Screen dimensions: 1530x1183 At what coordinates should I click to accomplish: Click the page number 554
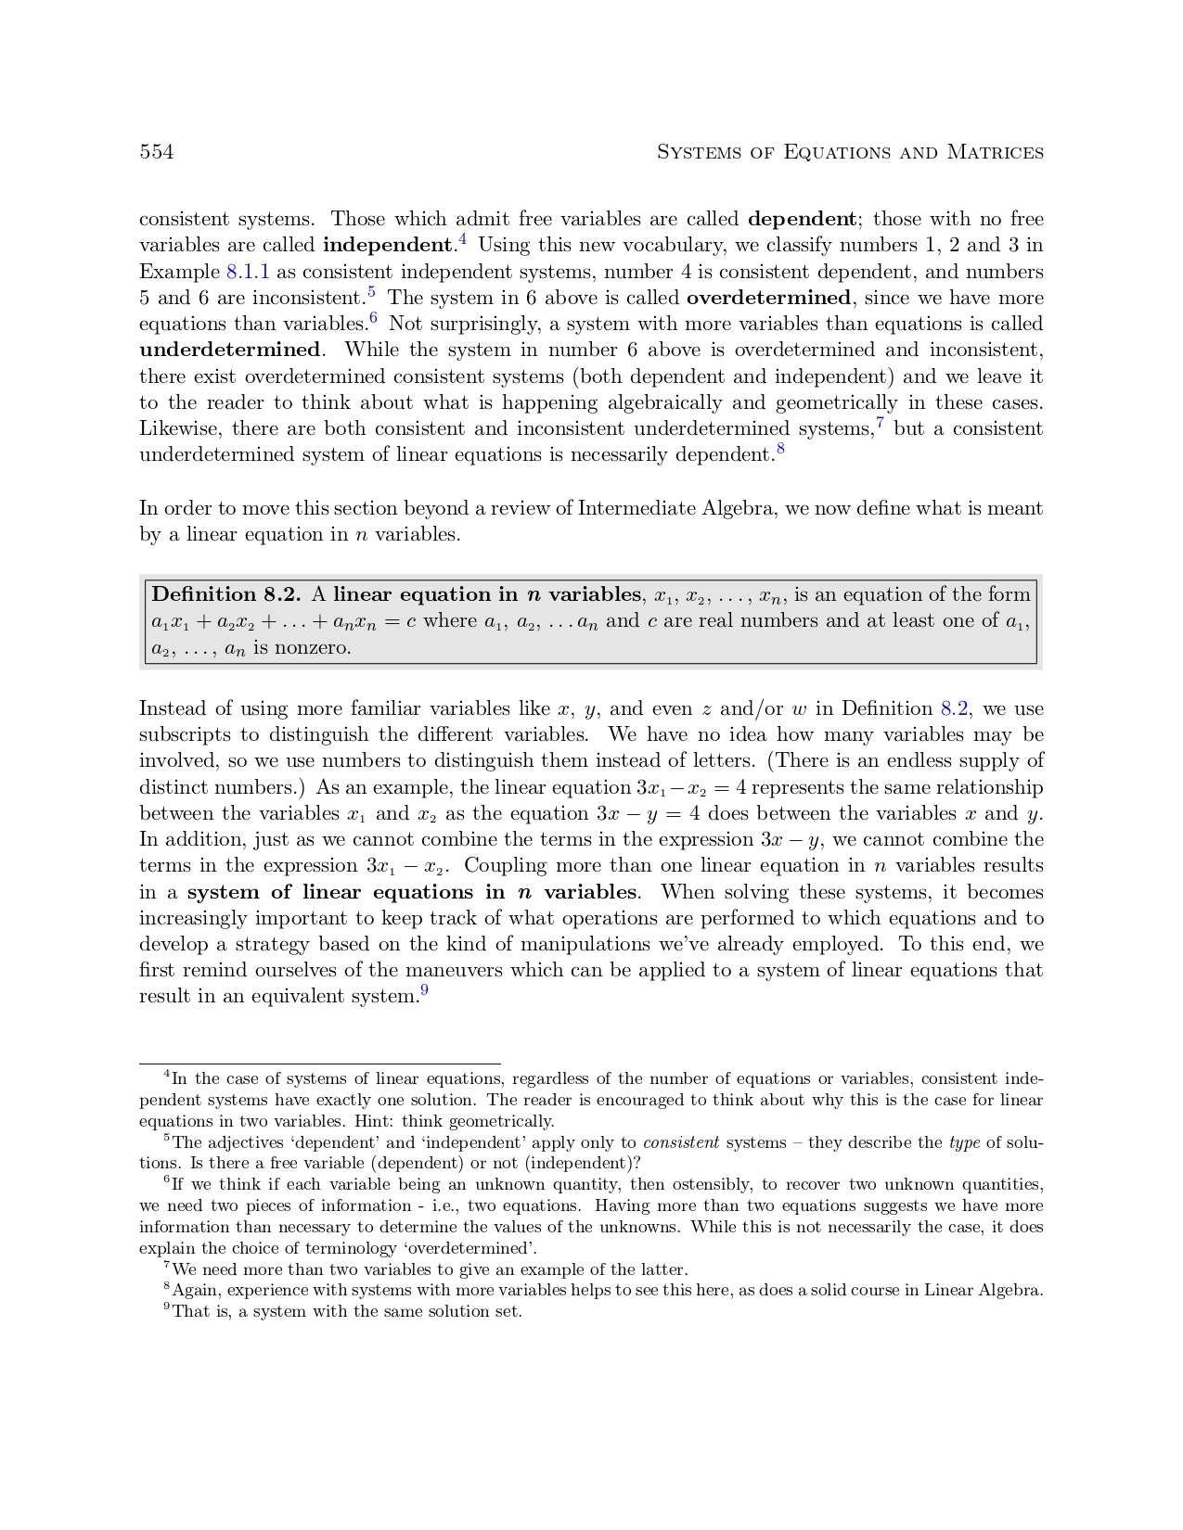point(157,152)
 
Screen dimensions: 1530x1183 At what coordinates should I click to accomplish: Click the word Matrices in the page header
point(995,152)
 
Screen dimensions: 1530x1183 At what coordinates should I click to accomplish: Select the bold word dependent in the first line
point(802,220)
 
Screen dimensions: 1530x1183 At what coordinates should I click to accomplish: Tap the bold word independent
point(387,246)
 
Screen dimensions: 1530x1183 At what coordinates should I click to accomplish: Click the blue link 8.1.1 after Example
point(248,272)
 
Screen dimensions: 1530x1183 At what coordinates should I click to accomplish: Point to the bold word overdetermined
point(768,298)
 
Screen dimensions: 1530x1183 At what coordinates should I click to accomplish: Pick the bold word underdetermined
point(229,350)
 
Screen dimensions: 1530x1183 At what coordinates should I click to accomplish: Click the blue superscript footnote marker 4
point(462,240)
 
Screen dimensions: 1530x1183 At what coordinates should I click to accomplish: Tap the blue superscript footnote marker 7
point(880,423)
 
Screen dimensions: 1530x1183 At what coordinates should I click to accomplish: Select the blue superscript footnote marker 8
point(781,449)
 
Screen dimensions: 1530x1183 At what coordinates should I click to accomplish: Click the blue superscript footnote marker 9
point(424,990)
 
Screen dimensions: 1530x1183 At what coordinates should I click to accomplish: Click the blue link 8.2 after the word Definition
point(955,708)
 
